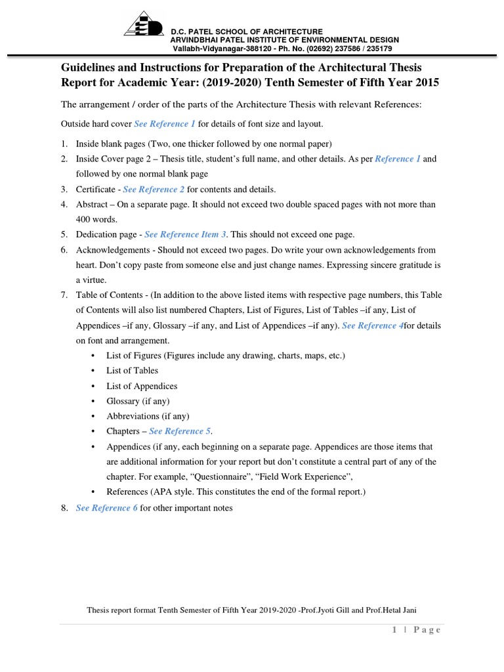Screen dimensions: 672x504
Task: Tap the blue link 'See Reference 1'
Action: [x=165, y=123]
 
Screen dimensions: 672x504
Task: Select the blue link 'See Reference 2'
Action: [x=154, y=189]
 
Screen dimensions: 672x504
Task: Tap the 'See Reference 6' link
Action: [x=107, y=508]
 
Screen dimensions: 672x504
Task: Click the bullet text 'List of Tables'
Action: [x=132, y=371]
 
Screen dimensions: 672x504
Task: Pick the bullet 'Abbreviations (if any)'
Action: [x=148, y=416]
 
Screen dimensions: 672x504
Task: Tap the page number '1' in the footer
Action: [x=394, y=630]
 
